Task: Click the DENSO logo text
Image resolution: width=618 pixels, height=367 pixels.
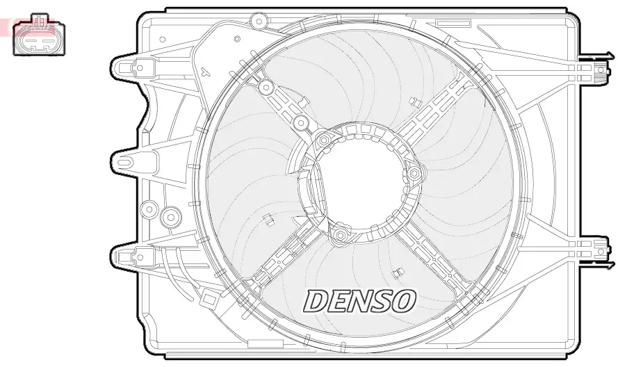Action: [360, 300]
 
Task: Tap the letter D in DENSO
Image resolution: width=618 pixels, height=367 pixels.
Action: [316, 300]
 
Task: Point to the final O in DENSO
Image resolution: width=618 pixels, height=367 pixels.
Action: [403, 300]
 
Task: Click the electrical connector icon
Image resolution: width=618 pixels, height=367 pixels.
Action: [39, 35]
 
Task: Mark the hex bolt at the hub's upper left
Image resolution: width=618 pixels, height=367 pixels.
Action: [323, 141]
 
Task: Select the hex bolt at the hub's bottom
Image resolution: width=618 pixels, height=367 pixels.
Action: [340, 236]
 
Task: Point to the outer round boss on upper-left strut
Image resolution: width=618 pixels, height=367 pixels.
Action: [265, 88]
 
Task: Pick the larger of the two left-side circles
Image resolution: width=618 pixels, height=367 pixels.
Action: [169, 218]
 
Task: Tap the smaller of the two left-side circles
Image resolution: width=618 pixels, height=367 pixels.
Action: [148, 209]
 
